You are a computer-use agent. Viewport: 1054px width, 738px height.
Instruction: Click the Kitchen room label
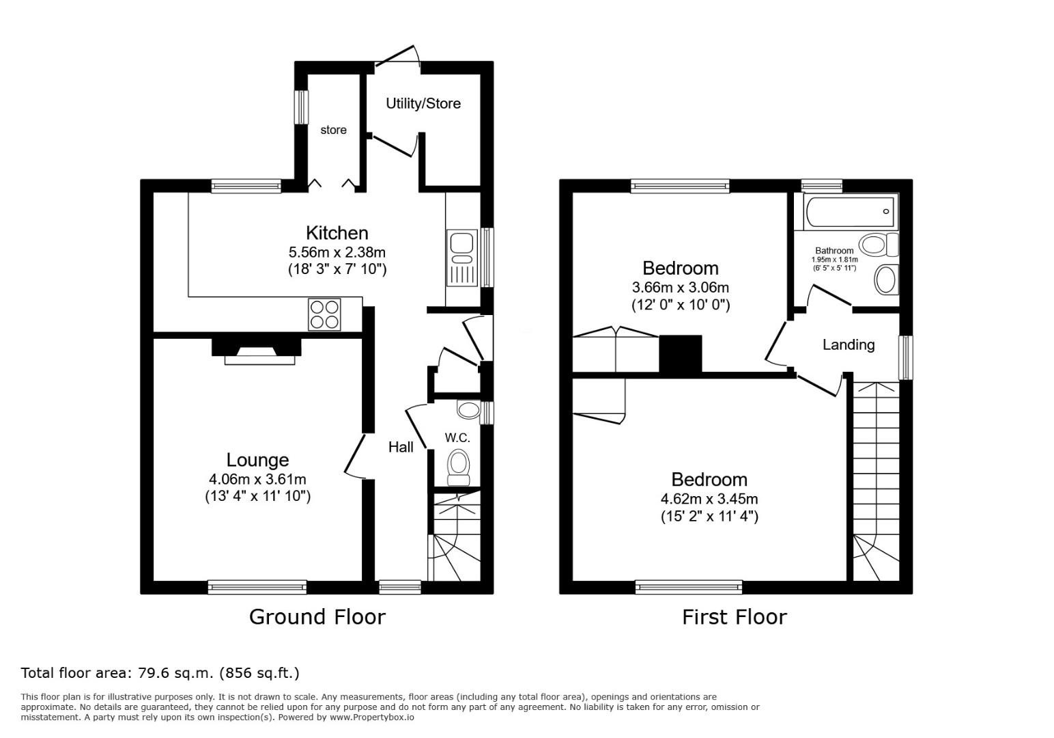(x=337, y=233)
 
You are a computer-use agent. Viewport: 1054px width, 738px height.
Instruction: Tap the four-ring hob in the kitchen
(x=325, y=314)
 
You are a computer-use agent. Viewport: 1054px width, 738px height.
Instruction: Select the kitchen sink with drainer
(x=462, y=258)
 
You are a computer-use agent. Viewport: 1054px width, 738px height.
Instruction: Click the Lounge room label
(x=257, y=460)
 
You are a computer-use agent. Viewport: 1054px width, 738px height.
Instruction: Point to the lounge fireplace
(x=257, y=351)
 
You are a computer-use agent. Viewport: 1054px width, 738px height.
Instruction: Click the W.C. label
(x=457, y=438)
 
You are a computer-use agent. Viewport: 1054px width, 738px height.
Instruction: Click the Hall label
(x=401, y=447)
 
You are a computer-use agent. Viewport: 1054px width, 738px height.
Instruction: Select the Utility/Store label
(x=423, y=104)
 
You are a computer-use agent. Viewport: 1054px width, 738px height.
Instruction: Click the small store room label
(x=334, y=130)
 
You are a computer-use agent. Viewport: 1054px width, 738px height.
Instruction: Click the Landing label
(x=849, y=345)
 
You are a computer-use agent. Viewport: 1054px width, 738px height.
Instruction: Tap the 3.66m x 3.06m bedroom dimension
(x=681, y=287)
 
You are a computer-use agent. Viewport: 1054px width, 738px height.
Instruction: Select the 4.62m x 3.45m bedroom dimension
(x=709, y=499)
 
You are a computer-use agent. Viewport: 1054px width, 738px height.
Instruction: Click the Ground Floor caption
(x=317, y=617)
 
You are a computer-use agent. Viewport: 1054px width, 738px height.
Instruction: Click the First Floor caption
(x=735, y=617)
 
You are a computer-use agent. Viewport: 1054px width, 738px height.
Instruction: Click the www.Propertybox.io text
(x=372, y=717)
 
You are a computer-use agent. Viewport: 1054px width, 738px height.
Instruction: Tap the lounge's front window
(x=257, y=587)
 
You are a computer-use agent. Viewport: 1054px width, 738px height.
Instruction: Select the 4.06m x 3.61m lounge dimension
(x=257, y=480)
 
